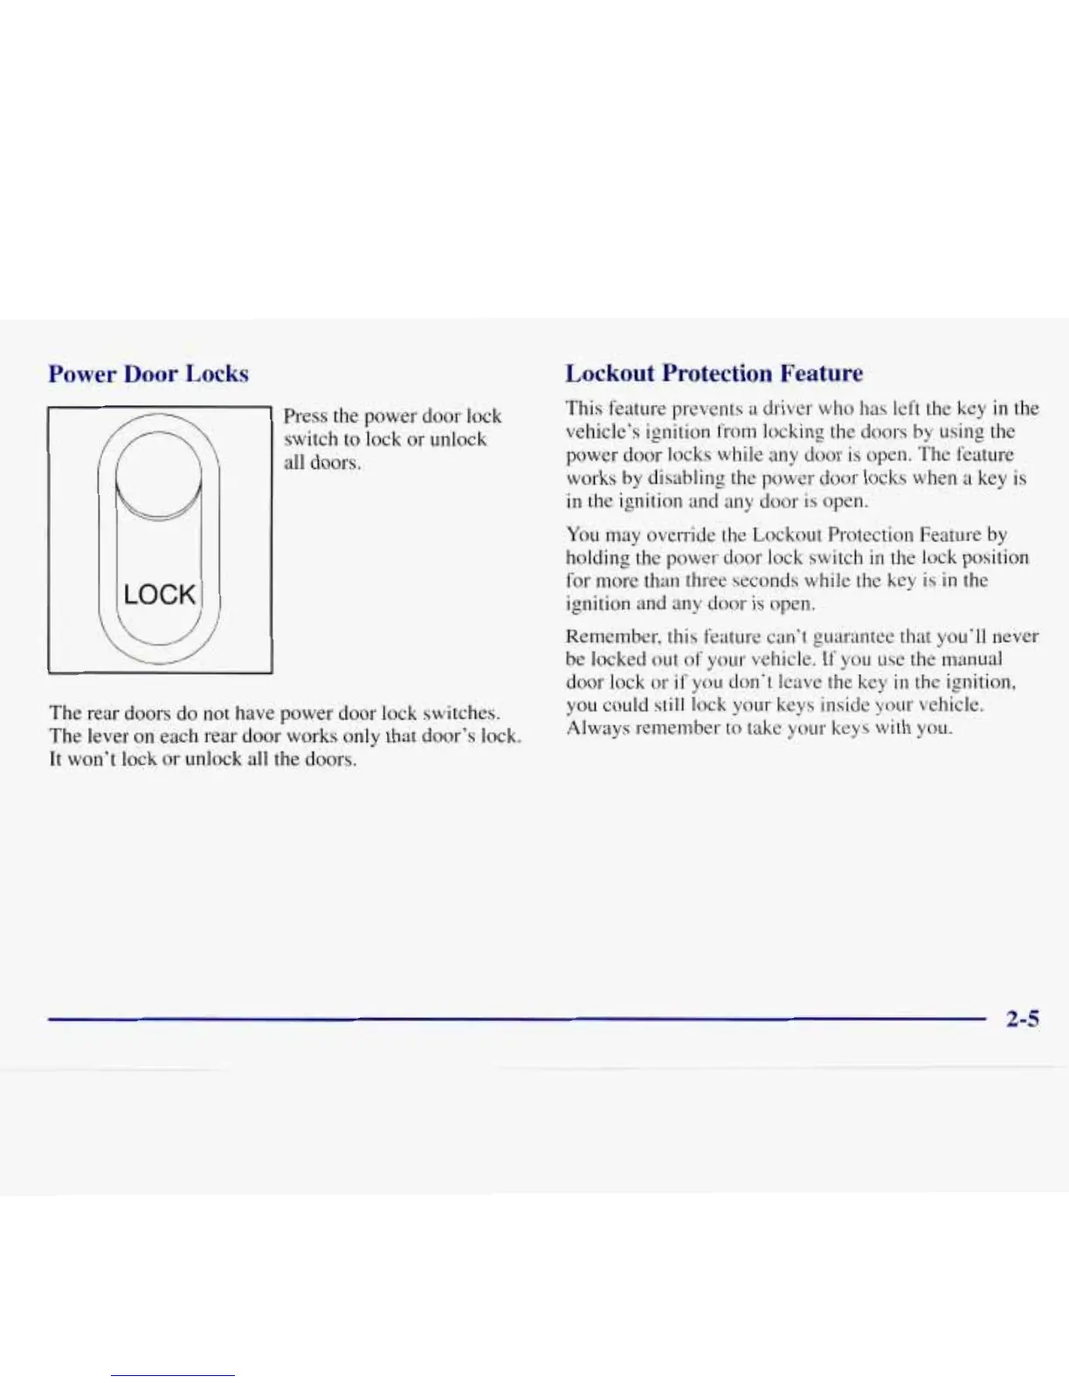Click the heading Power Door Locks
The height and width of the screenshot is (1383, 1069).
coord(148,374)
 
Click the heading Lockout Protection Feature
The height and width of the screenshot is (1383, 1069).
coord(714,373)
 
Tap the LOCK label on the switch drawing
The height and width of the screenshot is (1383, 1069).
coord(160,595)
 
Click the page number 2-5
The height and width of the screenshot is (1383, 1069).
coord(1022,1019)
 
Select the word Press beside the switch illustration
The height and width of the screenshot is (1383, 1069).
coord(305,416)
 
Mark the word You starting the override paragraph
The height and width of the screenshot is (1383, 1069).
coord(583,534)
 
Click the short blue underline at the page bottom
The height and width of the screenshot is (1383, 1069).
coord(172,1375)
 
